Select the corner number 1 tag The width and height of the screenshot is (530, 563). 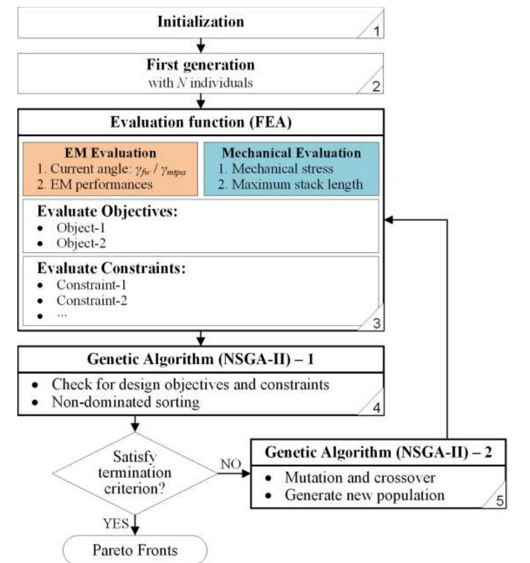(375, 31)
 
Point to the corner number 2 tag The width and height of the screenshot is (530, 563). (375, 88)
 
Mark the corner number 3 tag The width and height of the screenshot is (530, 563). (375, 324)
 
